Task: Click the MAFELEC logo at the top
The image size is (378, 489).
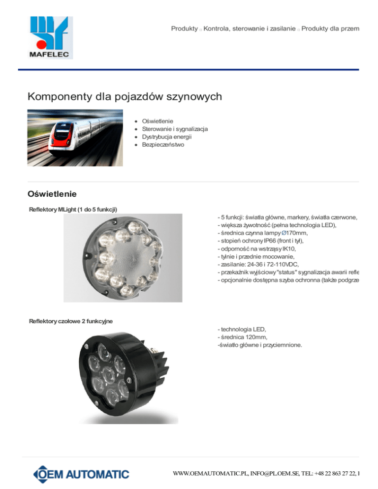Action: [x=51, y=37]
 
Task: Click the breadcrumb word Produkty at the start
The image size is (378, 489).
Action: [x=184, y=29]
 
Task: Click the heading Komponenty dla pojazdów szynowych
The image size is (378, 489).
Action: [x=125, y=96]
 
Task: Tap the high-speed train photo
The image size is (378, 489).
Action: [x=74, y=138]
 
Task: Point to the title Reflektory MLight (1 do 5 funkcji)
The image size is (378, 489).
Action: [x=73, y=211]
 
